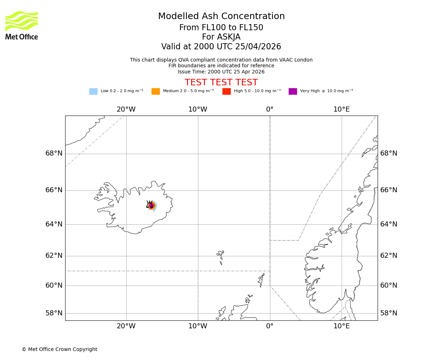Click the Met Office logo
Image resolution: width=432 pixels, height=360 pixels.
(22, 26)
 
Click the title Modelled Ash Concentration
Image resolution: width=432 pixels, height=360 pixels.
(221, 17)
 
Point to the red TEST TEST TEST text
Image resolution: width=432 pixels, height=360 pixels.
(221, 83)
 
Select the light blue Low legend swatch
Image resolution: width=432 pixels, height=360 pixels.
(93, 91)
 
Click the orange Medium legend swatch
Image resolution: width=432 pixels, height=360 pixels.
(156, 91)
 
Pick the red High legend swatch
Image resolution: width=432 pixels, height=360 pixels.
(226, 91)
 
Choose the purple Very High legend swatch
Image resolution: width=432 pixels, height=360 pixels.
(293, 91)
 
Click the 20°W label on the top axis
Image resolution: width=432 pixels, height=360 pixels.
(126, 109)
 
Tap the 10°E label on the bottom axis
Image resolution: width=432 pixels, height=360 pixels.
(341, 326)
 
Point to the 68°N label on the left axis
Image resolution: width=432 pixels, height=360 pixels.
(54, 153)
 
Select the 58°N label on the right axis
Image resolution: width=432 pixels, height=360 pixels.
(389, 313)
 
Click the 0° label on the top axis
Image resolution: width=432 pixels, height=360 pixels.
(270, 109)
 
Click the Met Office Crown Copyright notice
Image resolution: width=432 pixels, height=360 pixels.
(59, 349)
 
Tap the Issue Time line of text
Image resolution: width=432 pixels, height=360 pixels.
(221, 72)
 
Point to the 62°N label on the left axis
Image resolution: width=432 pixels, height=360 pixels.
(54, 256)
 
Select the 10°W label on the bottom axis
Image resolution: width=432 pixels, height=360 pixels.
(198, 326)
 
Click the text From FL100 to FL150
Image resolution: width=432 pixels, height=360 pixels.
(221, 28)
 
